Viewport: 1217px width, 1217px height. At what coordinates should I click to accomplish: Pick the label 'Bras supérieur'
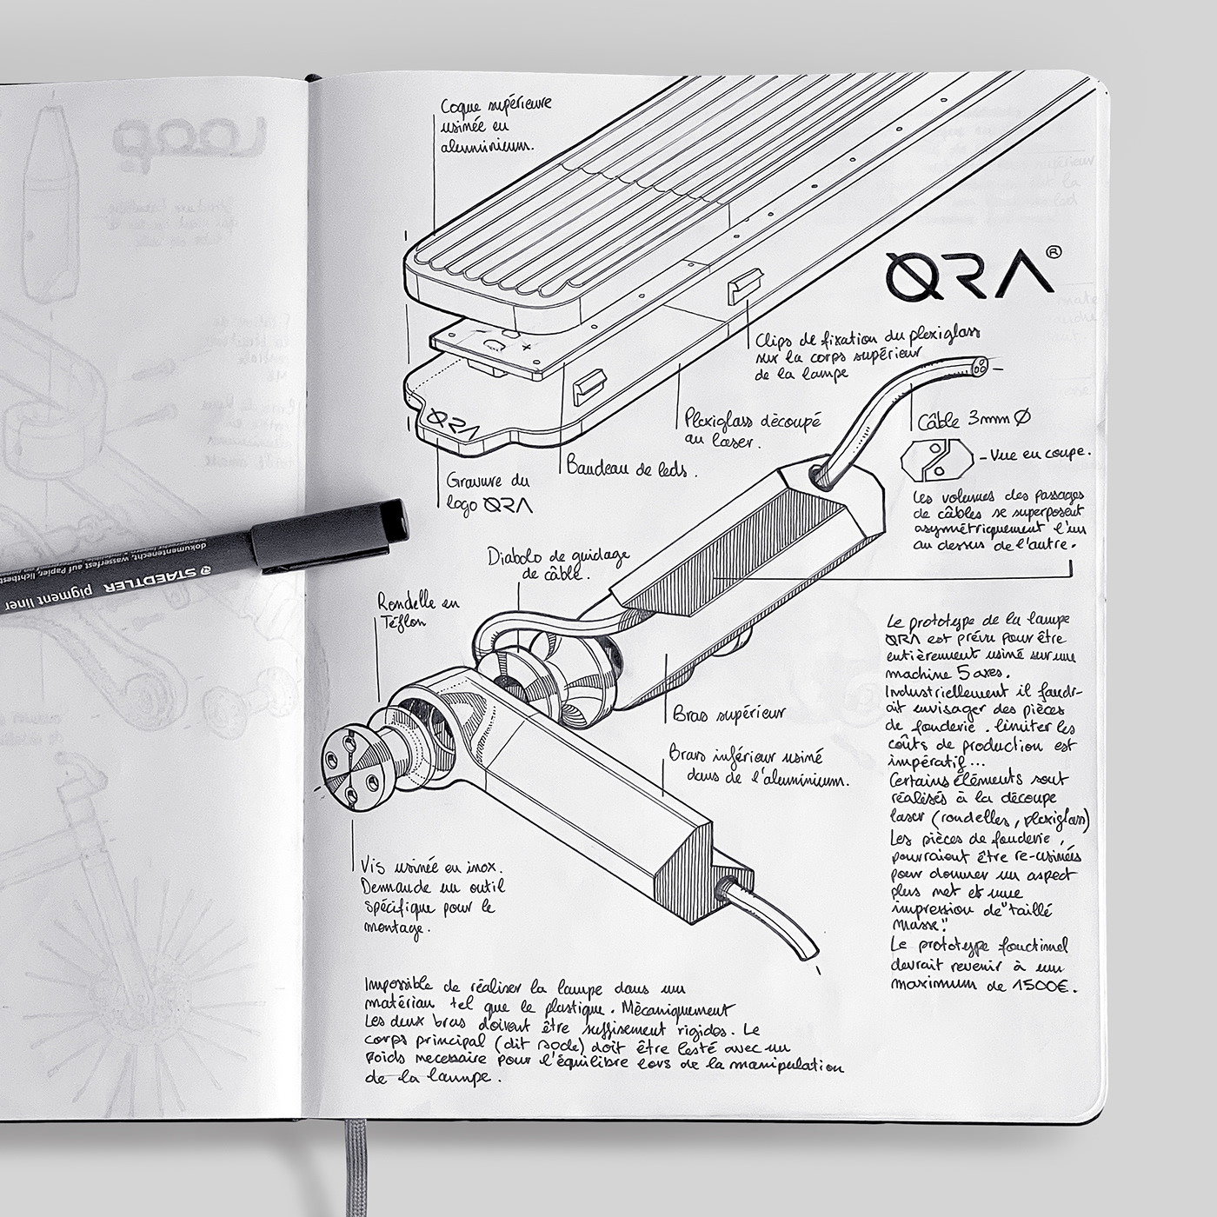728,714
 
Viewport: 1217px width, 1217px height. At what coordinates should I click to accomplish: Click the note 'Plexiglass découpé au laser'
752,429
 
